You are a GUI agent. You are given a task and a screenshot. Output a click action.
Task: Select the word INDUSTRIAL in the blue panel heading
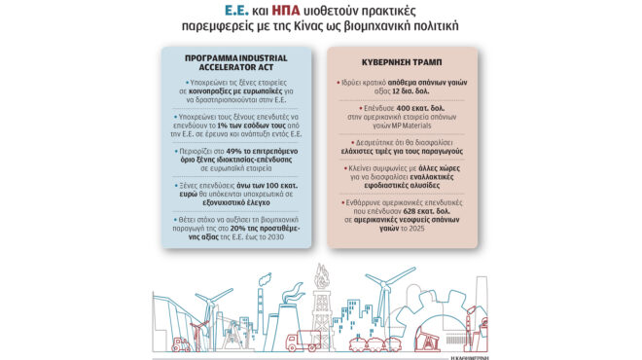(x=256, y=56)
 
